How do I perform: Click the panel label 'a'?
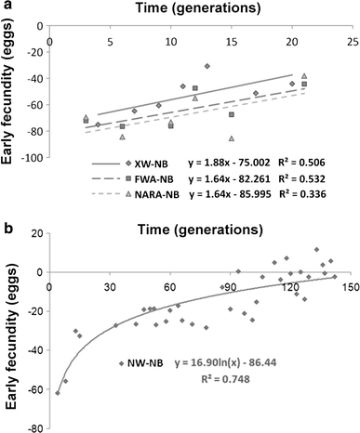pos(7,8)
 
